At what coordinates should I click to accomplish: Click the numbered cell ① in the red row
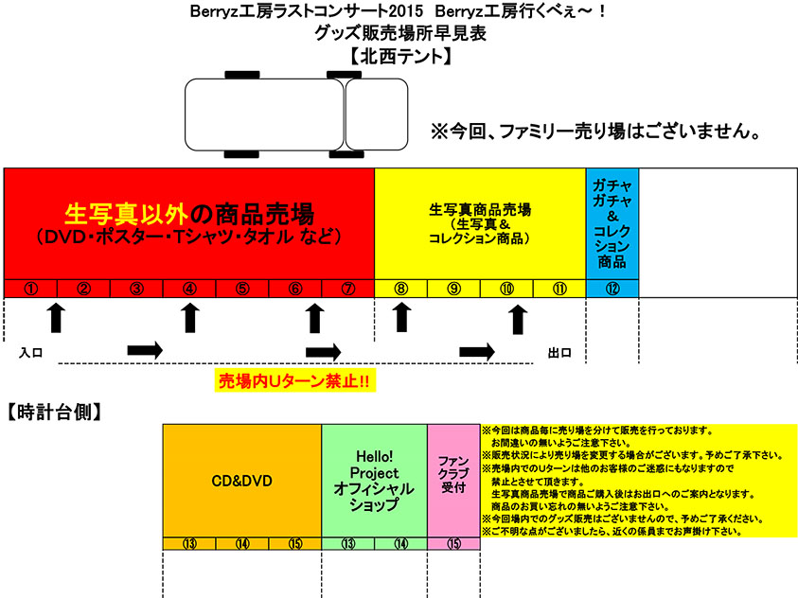click(30, 288)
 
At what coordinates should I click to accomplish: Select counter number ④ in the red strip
click(189, 288)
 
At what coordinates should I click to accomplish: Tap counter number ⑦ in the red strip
click(348, 288)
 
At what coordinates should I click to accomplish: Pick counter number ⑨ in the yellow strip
click(454, 288)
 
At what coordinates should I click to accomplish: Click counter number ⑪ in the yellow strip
click(559, 288)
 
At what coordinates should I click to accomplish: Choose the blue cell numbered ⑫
click(612, 288)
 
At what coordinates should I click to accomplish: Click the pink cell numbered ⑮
click(453, 543)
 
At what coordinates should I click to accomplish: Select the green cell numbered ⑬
click(348, 543)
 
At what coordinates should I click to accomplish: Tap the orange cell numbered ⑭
click(242, 543)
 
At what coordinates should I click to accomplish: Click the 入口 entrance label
click(31, 352)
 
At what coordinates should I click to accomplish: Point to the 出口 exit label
click(559, 352)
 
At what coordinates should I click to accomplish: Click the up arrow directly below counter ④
click(189, 318)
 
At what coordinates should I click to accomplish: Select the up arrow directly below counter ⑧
click(401, 318)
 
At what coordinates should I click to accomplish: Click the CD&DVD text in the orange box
click(241, 481)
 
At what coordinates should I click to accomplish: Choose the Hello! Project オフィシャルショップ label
click(374, 480)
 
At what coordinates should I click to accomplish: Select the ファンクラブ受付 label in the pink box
click(453, 473)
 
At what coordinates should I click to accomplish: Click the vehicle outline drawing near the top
click(294, 114)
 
